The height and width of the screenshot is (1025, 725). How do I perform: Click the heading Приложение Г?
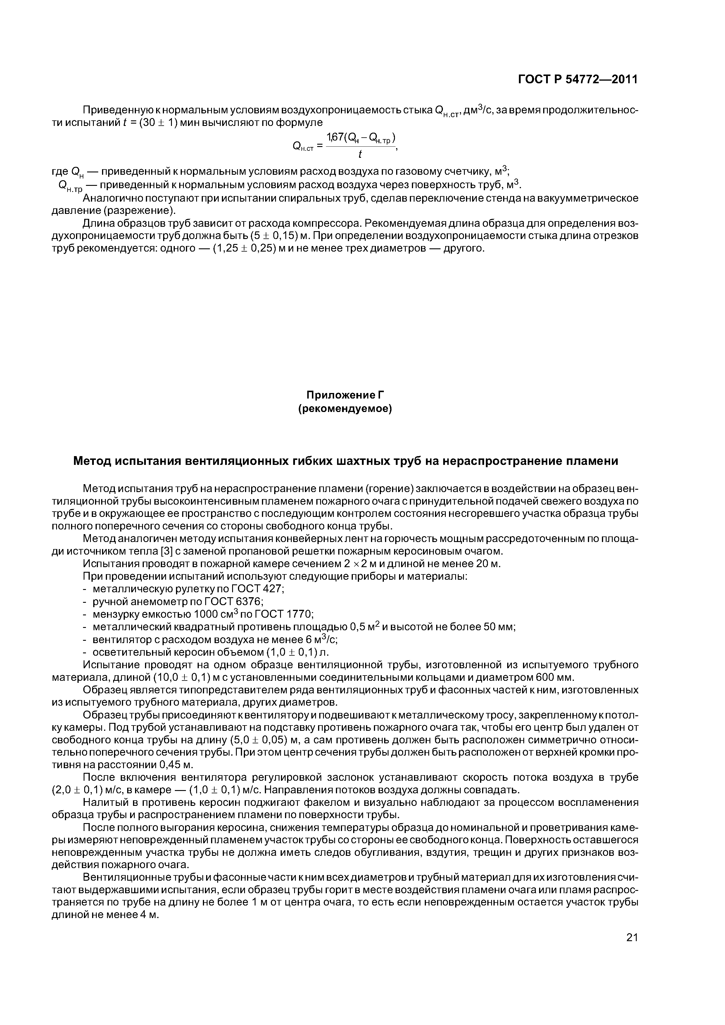345,395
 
